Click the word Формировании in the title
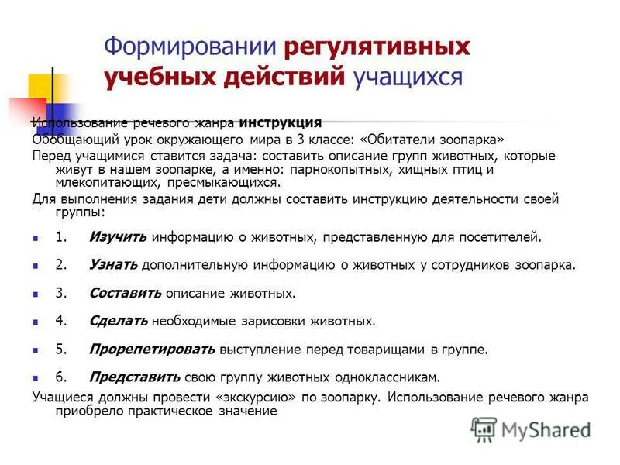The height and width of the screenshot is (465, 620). click(x=191, y=47)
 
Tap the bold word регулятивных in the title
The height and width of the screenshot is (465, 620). click(x=377, y=47)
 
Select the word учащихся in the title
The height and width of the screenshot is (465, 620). click(x=408, y=77)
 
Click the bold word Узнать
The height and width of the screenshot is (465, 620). click(x=113, y=265)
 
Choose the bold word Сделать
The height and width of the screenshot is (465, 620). click(x=119, y=321)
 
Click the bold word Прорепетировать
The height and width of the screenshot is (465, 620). click(x=152, y=350)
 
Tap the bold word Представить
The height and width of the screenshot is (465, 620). click(x=135, y=377)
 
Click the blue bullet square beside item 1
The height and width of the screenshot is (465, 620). click(x=36, y=239)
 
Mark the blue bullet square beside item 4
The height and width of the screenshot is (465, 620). click(x=36, y=322)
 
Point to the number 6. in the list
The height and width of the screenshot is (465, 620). click(x=61, y=377)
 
